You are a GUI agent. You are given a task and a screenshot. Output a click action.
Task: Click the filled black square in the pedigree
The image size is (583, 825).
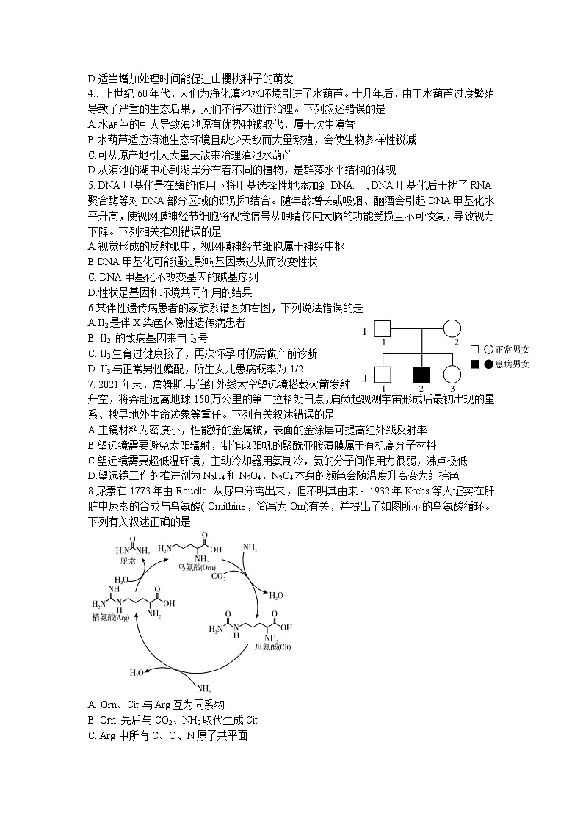click(x=421, y=375)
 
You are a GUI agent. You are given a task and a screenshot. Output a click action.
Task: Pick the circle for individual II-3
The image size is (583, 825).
click(x=452, y=375)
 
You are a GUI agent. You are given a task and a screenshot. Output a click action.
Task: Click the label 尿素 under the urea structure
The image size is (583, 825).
click(x=129, y=561)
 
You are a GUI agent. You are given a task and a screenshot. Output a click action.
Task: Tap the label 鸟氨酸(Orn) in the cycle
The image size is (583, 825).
click(x=197, y=567)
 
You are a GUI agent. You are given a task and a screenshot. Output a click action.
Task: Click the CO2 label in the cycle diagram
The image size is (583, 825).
click(x=218, y=577)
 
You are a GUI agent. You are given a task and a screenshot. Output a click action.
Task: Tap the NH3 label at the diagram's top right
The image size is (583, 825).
click(x=250, y=547)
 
